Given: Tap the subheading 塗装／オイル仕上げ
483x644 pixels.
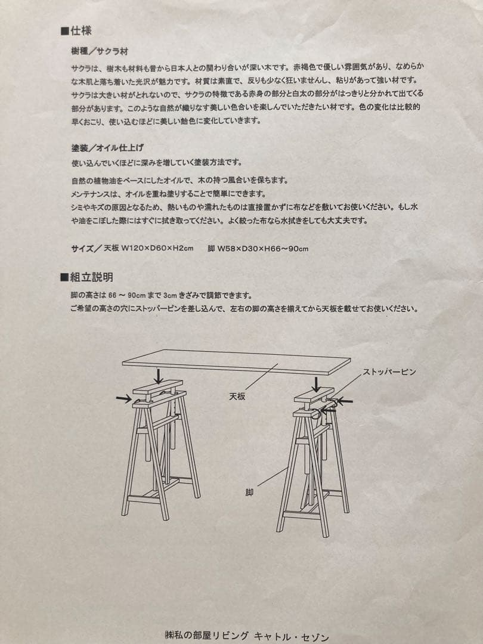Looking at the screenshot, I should coord(107,147).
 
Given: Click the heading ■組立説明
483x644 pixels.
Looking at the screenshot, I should coord(87,277).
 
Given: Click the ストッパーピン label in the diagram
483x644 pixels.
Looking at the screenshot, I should coord(389,371).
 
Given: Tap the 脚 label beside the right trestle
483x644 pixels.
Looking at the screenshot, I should coord(249,493).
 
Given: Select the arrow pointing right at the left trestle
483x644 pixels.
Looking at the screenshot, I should coord(124,398).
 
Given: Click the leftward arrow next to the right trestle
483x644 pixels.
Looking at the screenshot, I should coord(344,401).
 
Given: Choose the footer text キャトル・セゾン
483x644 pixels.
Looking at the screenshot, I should coord(291,636).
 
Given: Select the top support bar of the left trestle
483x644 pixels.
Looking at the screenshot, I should coord(157,391).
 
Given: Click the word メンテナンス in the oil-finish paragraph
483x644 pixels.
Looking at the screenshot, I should coord(92,194).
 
